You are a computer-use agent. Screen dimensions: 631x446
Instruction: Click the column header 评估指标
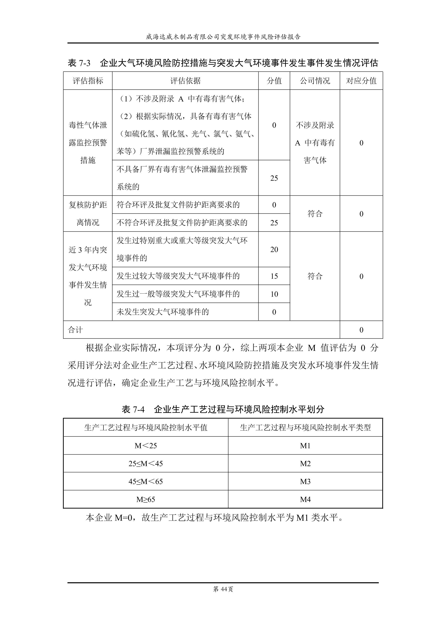coord(88,81)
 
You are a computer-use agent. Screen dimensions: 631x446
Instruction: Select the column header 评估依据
coord(185,81)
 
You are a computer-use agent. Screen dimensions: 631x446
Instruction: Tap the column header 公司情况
coord(315,81)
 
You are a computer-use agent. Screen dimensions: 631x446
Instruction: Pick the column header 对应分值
coord(361,81)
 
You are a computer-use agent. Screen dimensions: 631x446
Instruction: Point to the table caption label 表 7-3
coord(79,63)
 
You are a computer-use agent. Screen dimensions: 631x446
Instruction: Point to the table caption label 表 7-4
coord(133,410)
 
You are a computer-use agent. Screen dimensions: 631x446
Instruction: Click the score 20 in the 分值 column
coord(274,250)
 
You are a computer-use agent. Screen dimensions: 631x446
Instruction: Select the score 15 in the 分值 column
coord(274,276)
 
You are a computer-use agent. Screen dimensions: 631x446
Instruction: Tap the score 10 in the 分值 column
coord(274,294)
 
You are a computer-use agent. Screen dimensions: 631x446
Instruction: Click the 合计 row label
coord(75,330)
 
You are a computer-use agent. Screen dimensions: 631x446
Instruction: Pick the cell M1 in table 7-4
coord(305,446)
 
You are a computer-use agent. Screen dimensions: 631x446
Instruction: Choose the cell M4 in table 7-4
coord(305,499)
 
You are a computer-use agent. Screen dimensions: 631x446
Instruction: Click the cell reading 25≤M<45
coord(146,464)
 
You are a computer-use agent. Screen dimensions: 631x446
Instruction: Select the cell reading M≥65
coord(146,499)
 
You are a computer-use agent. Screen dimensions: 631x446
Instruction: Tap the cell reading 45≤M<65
coord(146,482)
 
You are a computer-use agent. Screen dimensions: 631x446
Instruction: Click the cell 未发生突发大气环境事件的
coord(163,312)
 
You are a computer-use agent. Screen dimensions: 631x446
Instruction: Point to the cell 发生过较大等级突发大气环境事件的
coord(178,276)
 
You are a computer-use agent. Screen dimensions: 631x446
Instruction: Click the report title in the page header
coord(223,37)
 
